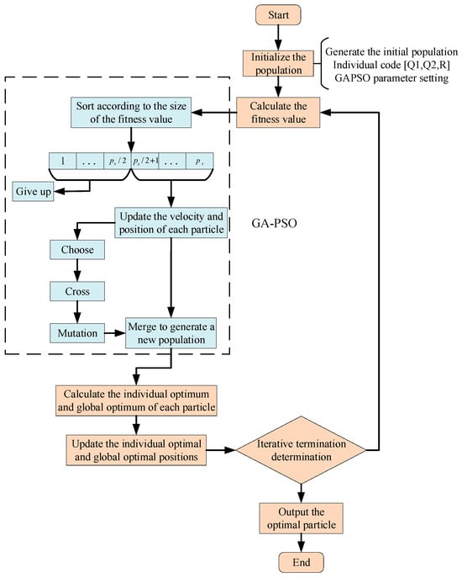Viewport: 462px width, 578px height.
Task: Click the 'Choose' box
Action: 77,250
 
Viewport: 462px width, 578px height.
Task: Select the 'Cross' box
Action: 77,290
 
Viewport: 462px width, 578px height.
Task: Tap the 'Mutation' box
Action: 77,332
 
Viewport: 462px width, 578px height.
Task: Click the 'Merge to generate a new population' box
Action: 172,332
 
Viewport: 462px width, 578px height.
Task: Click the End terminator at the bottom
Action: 306,563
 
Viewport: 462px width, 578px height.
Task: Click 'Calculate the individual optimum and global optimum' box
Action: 135,398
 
